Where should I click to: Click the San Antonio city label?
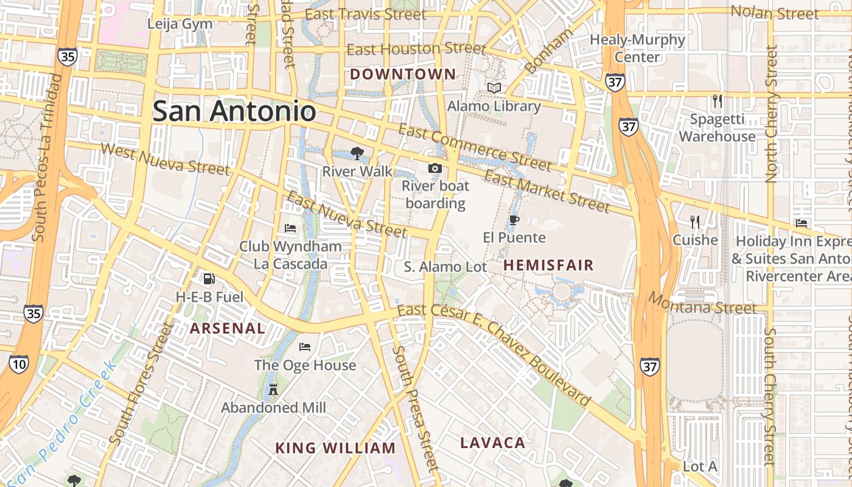click(234, 111)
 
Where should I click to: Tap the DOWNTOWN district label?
click(403, 74)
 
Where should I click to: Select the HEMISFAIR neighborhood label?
click(548, 265)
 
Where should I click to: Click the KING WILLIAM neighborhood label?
click(335, 449)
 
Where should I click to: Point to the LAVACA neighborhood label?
click(492, 443)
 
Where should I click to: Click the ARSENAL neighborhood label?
click(228, 328)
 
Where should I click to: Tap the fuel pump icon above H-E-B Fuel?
click(209, 279)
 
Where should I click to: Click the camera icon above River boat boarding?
click(435, 169)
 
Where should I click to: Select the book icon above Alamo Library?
click(494, 88)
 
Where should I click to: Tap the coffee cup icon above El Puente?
click(514, 220)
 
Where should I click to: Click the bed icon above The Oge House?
click(305, 347)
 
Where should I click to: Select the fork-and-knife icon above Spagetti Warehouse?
click(717, 100)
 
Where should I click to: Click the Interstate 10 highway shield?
click(19, 364)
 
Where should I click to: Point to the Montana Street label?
click(702, 303)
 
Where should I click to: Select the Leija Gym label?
click(180, 24)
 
